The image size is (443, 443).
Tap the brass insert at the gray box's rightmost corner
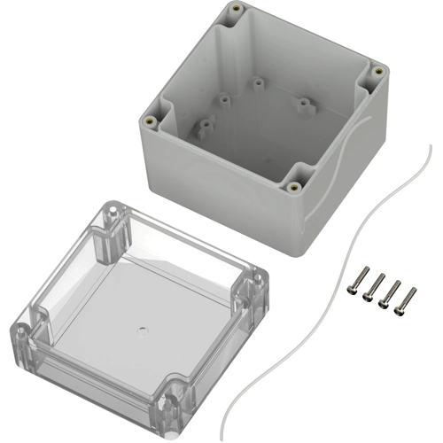pyautogui.click(x=377, y=70)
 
